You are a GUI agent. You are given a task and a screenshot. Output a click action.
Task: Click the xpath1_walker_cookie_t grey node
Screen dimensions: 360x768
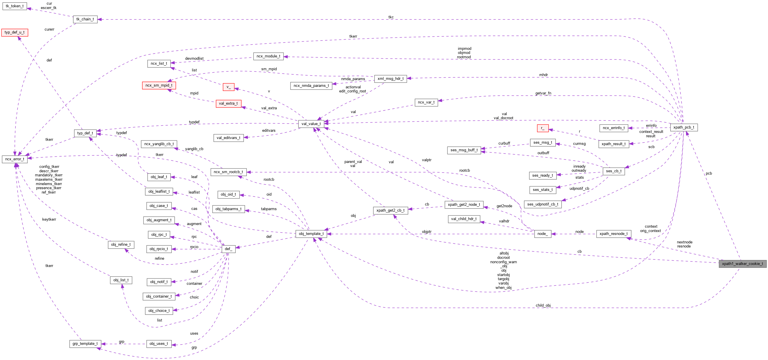click(742, 264)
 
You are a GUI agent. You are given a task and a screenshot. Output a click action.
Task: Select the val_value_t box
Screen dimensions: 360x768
click(311, 124)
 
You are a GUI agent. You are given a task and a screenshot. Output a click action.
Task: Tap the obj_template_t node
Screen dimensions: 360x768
click(311, 234)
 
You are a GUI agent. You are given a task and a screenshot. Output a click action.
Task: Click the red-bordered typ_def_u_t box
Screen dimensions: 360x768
click(15, 32)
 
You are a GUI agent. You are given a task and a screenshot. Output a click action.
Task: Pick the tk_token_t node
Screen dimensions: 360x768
click(15, 6)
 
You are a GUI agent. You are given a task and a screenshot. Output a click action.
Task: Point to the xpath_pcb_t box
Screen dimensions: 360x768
click(684, 127)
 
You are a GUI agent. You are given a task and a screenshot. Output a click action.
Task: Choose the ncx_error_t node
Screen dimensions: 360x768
click(15, 159)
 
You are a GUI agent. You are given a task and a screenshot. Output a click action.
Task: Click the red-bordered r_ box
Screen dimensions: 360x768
click(543, 128)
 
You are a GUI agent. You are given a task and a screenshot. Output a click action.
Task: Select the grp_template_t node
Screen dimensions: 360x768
click(85, 344)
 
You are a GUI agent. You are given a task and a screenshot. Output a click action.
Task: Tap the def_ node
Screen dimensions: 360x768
click(228, 249)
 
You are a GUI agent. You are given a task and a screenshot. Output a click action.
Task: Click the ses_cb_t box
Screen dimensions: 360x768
click(614, 171)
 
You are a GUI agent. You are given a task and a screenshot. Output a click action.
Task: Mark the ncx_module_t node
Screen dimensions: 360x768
click(268, 56)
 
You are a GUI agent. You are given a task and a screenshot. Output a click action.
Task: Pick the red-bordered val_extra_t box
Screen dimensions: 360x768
click(228, 103)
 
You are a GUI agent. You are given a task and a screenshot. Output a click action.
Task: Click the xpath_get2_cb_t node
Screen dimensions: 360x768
click(390, 210)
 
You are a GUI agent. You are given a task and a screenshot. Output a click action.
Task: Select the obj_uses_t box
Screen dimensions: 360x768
click(159, 344)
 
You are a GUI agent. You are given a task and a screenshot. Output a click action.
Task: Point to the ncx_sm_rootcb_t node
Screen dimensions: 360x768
click(228, 172)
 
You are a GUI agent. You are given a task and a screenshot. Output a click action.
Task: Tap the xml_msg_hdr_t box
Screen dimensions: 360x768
click(390, 79)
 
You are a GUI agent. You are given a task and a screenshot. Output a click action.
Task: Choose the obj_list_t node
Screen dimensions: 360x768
click(121, 280)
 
